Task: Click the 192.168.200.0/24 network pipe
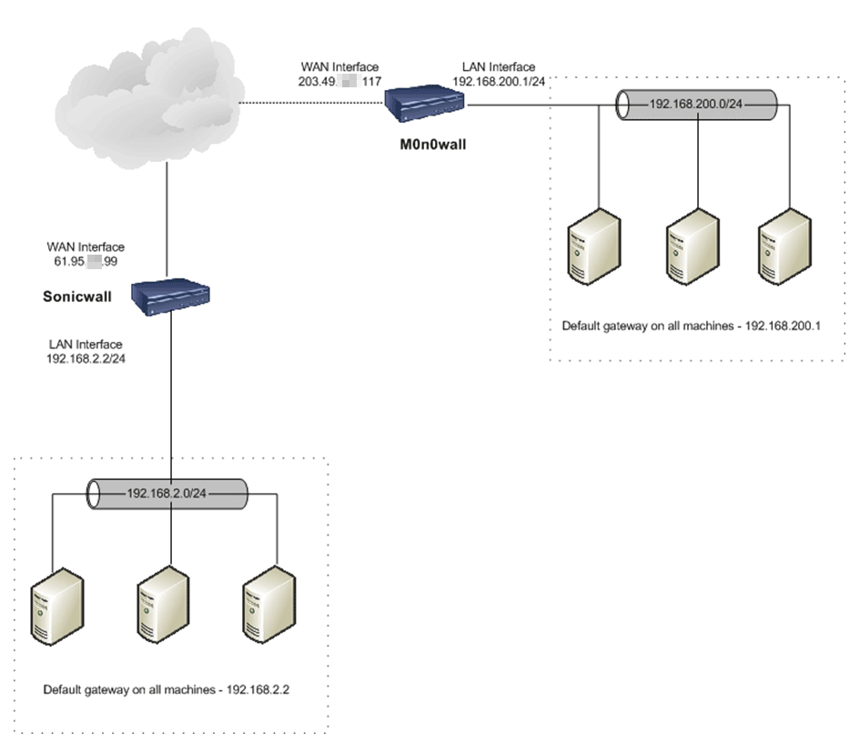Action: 696,105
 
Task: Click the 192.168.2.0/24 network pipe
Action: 168,494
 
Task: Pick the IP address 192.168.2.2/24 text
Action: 86,357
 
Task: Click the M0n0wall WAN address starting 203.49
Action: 339,80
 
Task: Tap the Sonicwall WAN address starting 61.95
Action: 86,260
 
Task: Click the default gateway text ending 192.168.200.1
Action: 692,325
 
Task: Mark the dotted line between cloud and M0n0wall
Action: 309,104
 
